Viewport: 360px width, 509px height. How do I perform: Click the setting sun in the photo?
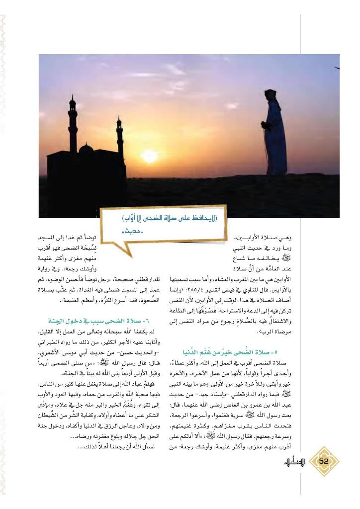[x=149, y=156]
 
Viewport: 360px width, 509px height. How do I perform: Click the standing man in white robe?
[x=274, y=134]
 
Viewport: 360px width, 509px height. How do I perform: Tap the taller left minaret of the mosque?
[x=73, y=124]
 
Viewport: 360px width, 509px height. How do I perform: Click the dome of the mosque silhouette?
[x=87, y=149]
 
